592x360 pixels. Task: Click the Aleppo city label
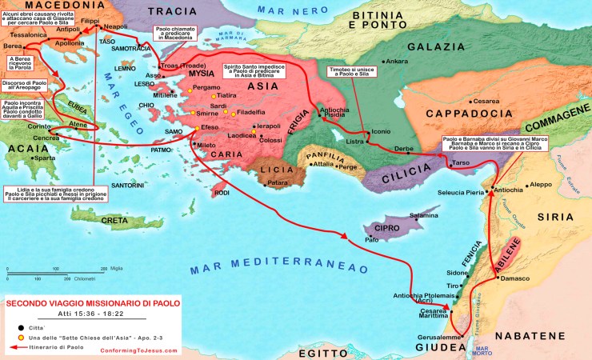point(542,184)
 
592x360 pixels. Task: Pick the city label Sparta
point(45,158)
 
